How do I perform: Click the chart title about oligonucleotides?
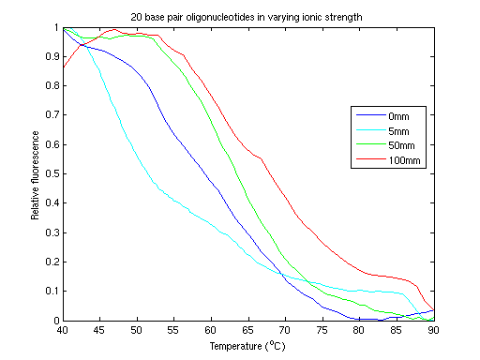pos(248,16)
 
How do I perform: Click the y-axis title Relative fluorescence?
pos(35,174)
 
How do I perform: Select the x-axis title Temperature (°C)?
pos(248,345)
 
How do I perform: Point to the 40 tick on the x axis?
pos(63,330)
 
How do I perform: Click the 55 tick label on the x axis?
pos(174,330)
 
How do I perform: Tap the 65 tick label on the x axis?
pos(248,330)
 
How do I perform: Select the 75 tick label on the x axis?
pos(323,330)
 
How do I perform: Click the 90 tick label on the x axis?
pos(434,330)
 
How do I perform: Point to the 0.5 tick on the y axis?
pos(51,174)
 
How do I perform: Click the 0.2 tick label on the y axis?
pos(51,262)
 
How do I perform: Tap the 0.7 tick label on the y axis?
pos(51,115)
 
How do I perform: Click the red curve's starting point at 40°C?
pos(63,67)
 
